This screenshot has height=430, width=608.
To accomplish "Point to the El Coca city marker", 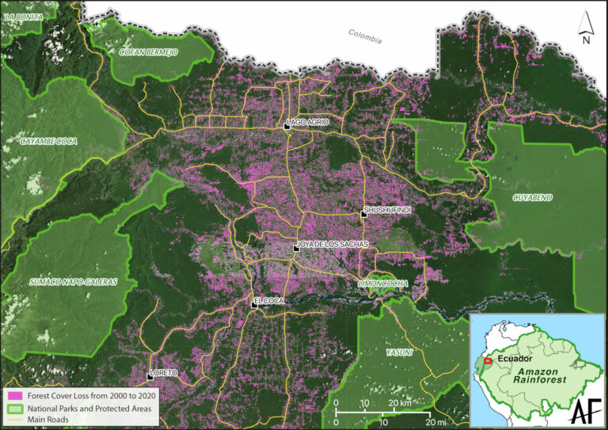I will [254, 304].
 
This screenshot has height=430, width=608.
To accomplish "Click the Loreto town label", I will [165, 372].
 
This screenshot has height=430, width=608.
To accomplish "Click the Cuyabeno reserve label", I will [534, 196].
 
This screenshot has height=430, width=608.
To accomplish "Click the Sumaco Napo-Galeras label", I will [64, 281].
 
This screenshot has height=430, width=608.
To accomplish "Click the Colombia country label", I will [364, 36].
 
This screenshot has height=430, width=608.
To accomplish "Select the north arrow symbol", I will [585, 26].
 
